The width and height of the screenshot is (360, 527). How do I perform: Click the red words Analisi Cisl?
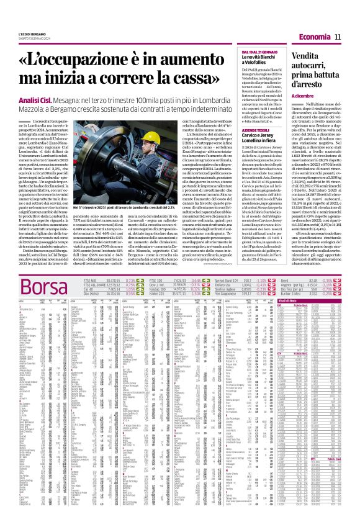tap(37, 99)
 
